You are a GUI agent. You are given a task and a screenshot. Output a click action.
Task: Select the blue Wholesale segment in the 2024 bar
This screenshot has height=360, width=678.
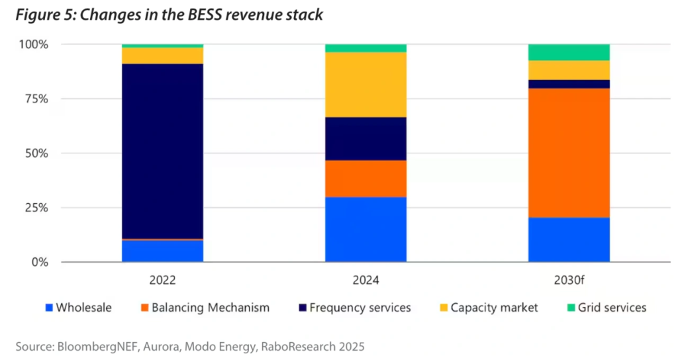click(365, 229)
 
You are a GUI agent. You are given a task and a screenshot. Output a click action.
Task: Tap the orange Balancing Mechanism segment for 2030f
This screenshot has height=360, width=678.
click(569, 153)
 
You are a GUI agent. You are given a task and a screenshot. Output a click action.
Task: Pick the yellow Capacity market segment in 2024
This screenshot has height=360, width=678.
click(365, 85)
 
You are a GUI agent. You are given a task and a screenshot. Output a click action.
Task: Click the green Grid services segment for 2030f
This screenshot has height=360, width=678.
click(569, 52)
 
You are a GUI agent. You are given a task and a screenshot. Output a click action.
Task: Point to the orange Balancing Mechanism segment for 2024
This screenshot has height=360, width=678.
click(365, 179)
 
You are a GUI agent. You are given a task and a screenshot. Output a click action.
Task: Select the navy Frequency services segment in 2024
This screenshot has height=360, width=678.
click(365, 138)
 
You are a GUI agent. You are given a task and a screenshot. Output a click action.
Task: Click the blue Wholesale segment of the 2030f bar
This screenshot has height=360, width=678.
click(569, 240)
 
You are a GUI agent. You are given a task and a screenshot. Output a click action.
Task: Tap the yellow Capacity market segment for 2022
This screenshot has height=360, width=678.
click(162, 56)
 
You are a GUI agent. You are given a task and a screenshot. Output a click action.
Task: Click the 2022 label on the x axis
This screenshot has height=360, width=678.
click(162, 280)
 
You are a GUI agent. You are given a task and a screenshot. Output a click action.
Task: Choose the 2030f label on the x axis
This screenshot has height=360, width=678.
click(569, 280)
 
